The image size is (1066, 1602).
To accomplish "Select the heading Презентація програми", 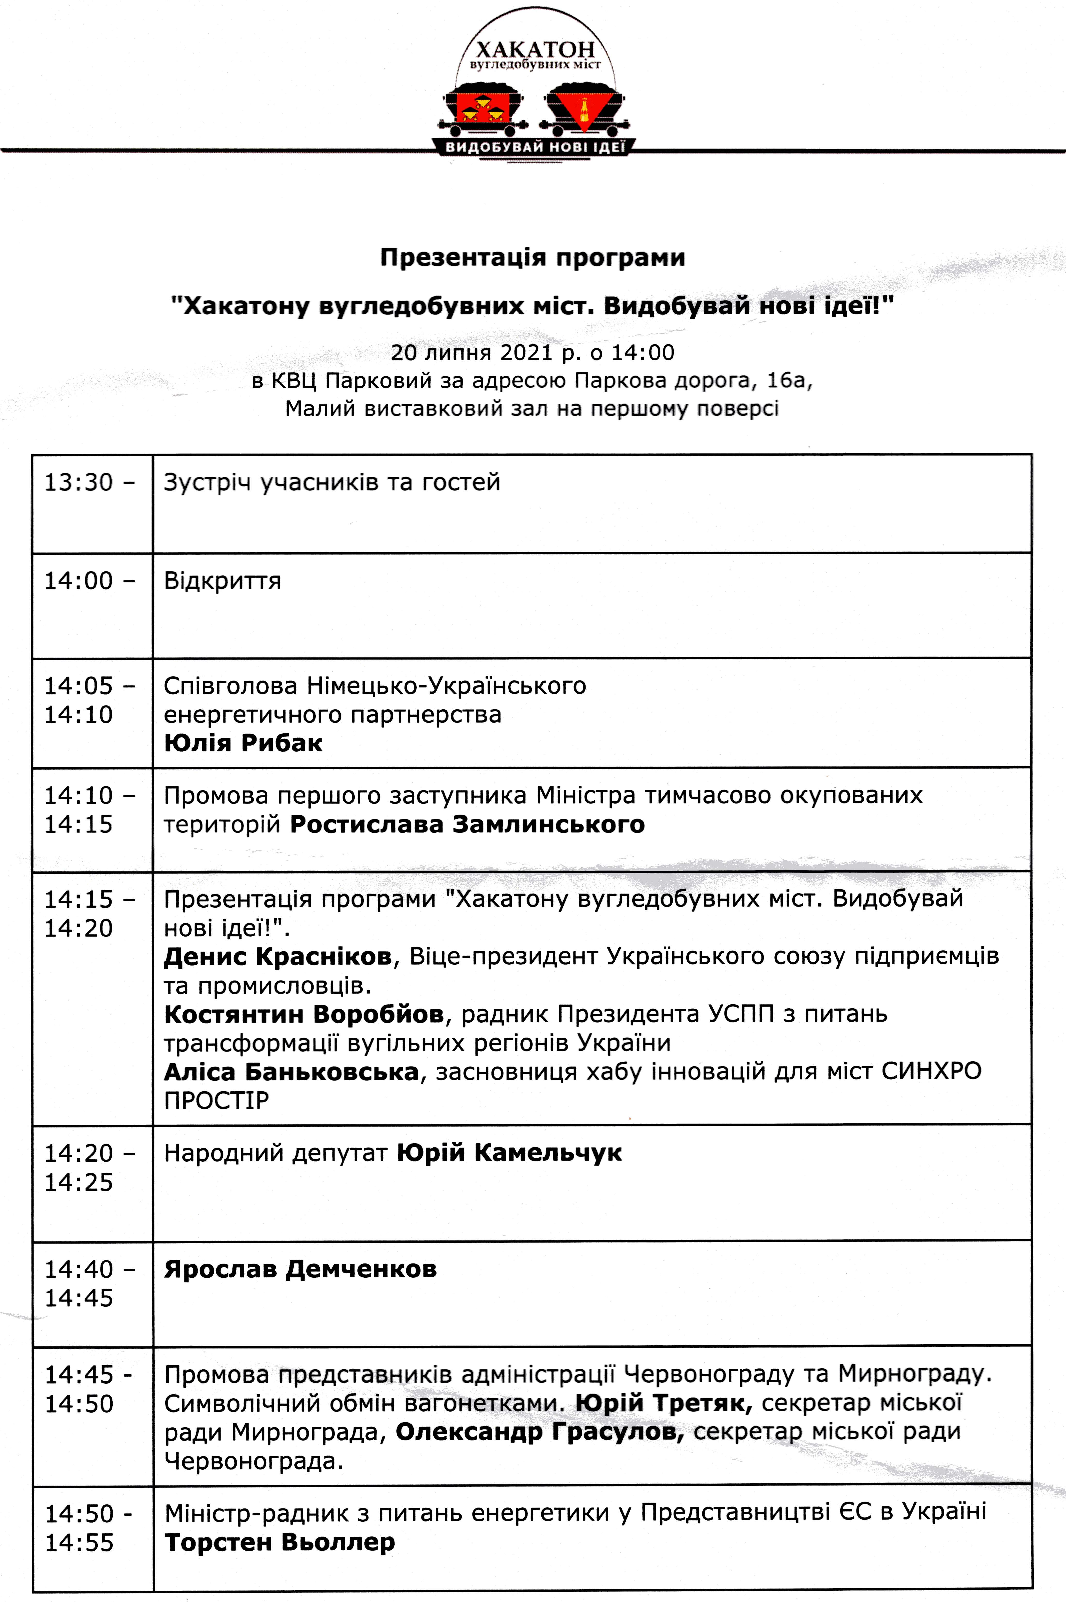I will point(532,258).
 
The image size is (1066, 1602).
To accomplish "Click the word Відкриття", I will point(222,581).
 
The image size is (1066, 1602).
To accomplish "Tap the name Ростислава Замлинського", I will point(467,824).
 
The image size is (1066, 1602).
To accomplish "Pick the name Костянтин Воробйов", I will point(304,1014).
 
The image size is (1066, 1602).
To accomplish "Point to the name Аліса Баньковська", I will point(291,1072).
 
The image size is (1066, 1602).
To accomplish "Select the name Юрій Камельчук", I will point(509,1153).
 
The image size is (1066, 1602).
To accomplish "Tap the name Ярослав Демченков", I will point(300,1269).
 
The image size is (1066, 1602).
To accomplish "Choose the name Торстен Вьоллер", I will point(279,1542).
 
